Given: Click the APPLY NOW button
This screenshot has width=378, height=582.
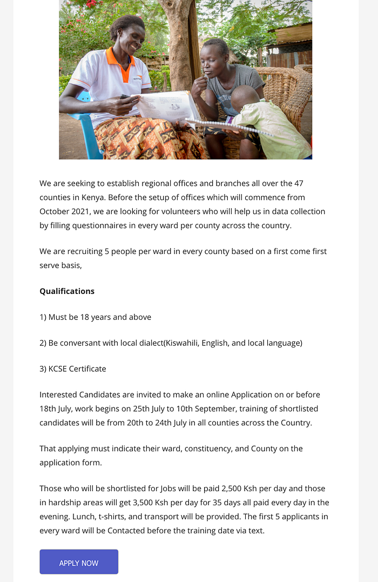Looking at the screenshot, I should [x=79, y=562].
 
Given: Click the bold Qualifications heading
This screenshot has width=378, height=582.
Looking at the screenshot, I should [x=67, y=291].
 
